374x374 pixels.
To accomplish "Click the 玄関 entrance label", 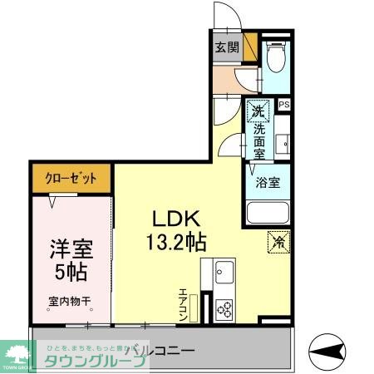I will [x=226, y=47].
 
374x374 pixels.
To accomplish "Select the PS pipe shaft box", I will [x=284, y=105].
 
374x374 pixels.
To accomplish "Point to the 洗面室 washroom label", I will [x=258, y=136].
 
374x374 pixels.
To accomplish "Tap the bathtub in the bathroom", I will [x=267, y=214].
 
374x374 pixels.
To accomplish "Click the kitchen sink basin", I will [x=224, y=271].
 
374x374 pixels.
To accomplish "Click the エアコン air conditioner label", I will [x=183, y=306].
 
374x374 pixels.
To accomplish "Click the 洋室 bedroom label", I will [x=71, y=249].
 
